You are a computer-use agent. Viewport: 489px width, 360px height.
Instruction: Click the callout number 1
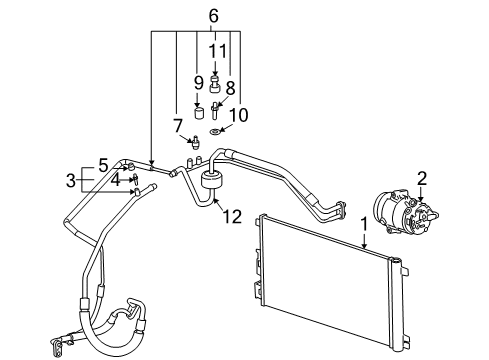point(364,226)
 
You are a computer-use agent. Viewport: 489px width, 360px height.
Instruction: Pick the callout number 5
point(103,165)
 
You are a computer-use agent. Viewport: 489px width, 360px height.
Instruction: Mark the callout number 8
point(230,87)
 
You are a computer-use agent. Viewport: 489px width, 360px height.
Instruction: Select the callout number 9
point(198,82)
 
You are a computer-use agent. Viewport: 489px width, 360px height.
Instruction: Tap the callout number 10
point(239,115)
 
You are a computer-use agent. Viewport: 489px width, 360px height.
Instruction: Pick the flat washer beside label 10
point(217,130)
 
